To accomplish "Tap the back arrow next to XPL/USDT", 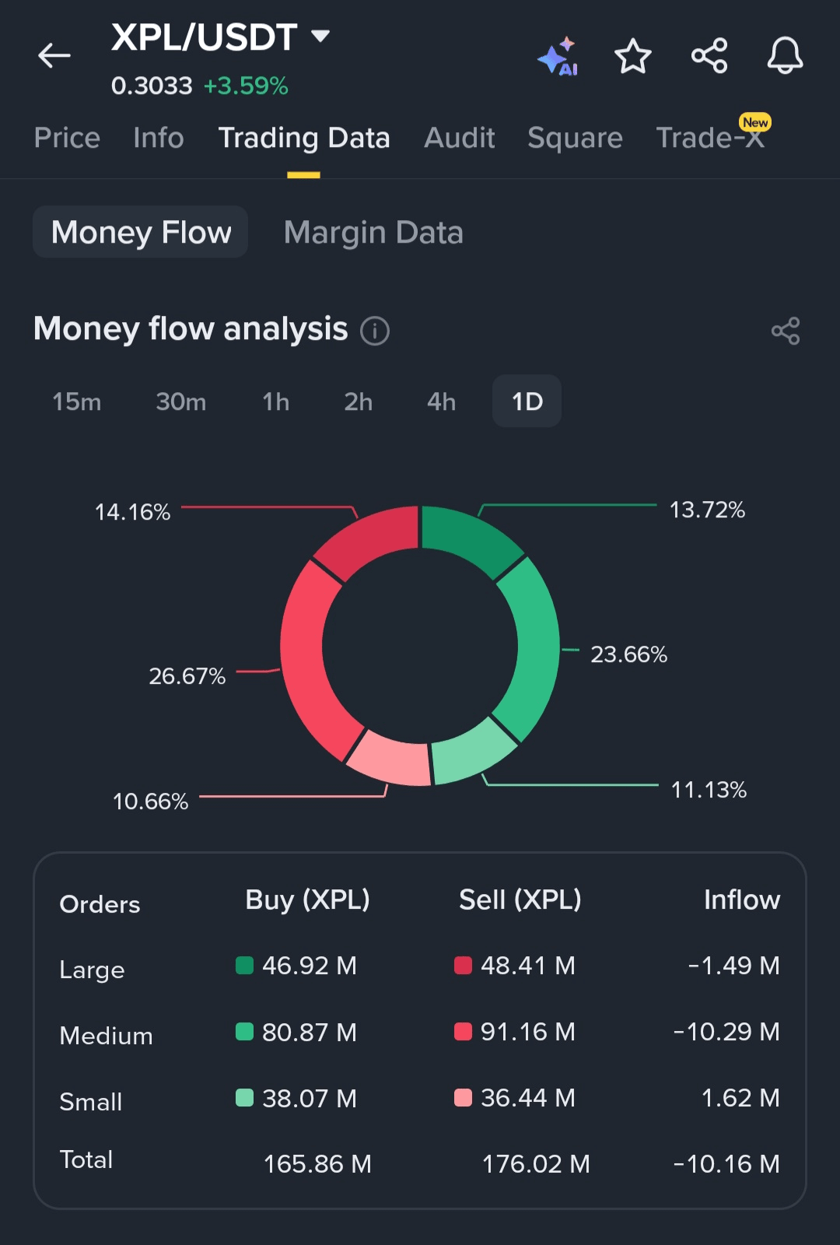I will tap(54, 56).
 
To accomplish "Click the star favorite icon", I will tap(632, 56).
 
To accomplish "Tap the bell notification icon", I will tap(785, 56).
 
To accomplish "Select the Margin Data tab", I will tap(373, 233).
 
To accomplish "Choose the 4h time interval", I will tap(441, 402).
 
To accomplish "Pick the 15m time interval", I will tap(76, 402).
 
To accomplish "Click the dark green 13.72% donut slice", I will tap(468, 537).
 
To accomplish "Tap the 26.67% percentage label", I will tap(187, 676).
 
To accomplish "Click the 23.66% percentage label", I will tap(628, 654).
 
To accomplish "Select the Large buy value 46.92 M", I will tap(309, 966).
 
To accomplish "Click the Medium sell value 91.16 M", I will tap(527, 1032).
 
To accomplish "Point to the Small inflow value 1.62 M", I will tap(740, 1098).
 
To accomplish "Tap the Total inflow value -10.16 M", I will tap(726, 1164).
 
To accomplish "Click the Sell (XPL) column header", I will tap(520, 900).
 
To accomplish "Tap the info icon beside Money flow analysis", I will tap(375, 331).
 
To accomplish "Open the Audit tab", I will tap(459, 138).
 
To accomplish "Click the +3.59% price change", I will tap(246, 86).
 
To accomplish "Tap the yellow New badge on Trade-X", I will tap(755, 122).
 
